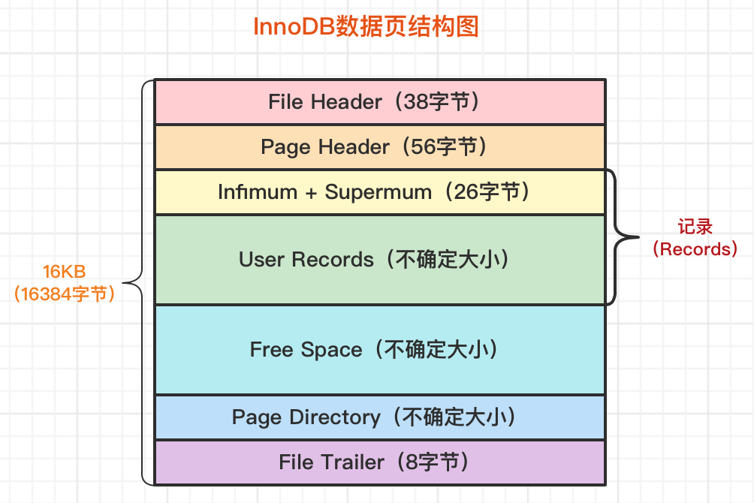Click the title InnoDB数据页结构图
tap(366, 28)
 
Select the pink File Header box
tap(379, 102)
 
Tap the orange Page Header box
tap(379, 147)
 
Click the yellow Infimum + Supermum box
tap(379, 192)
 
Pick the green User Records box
tap(379, 260)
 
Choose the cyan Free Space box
tap(379, 350)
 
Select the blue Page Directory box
tap(379, 417)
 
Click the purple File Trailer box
tap(379, 462)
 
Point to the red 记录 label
tap(694, 227)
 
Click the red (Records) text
tap(694, 249)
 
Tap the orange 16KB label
tap(65, 272)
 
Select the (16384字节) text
tap(65, 294)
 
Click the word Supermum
tap(378, 192)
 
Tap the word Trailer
tap(353, 462)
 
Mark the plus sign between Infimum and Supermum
tap(311, 193)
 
